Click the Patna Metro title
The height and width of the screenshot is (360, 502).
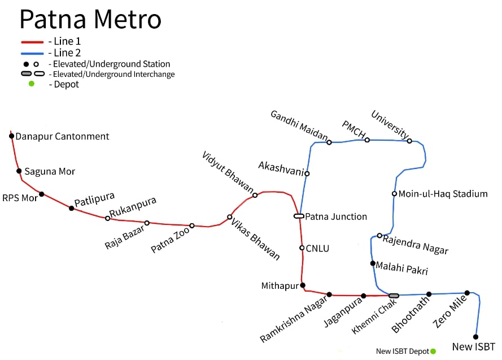pos(90,19)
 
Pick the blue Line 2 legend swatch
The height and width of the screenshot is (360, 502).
pos(32,53)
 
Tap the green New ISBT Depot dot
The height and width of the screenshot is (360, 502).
pos(433,351)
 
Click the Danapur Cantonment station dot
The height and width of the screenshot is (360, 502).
pos(11,136)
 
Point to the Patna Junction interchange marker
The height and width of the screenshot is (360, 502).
pos(299,216)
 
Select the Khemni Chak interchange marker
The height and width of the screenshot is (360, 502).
pos(394,295)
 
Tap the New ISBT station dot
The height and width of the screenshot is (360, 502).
pos(475,337)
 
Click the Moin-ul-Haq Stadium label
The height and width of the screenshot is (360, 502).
pos(443,194)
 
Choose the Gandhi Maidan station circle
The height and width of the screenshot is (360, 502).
pos(329,142)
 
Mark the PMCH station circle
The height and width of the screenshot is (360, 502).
pos(366,140)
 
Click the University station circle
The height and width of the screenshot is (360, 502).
pos(409,141)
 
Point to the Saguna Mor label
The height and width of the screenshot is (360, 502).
pos(50,171)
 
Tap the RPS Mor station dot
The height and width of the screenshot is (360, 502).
pos(41,194)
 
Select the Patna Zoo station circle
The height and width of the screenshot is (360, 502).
pos(191,225)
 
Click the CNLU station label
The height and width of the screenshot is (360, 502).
pos(317,248)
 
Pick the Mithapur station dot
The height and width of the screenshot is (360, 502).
pos(303,285)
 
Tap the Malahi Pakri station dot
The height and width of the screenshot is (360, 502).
pos(373,263)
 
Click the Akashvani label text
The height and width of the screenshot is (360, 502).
pos(281,166)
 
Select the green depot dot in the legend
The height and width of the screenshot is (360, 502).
pos(31,84)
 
